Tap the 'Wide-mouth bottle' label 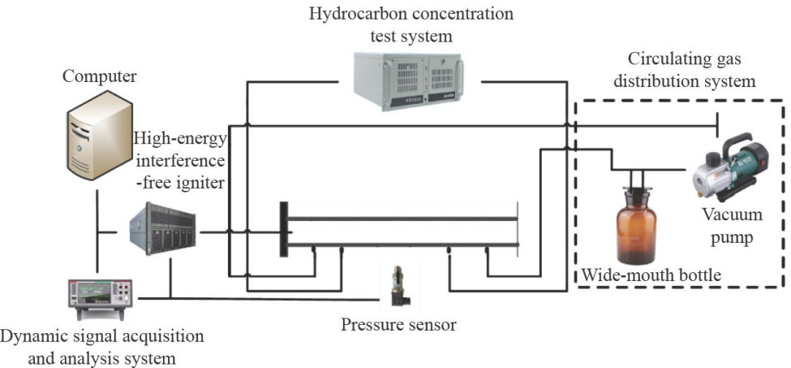[651, 275]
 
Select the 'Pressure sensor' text [398, 326]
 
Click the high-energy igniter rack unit [160, 230]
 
